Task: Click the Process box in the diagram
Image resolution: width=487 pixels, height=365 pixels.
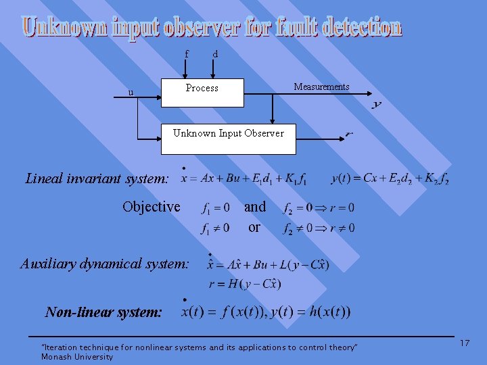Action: click(202, 92)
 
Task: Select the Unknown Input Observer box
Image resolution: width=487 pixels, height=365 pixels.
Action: click(228, 133)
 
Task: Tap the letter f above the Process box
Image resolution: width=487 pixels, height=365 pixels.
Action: click(187, 53)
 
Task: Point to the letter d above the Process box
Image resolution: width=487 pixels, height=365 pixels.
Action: click(215, 53)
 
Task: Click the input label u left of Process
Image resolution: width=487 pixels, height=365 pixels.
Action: click(131, 92)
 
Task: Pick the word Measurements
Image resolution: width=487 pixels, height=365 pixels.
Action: click(321, 87)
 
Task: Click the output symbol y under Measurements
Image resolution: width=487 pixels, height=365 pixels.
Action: click(377, 105)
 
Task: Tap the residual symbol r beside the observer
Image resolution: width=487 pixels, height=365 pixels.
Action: click(349, 134)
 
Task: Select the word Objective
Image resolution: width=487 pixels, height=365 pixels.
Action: click(152, 207)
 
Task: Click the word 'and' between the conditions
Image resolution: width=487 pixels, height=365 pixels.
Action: click(255, 207)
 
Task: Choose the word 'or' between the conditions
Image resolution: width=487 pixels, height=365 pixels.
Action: click(254, 227)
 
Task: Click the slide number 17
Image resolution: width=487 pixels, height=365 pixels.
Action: click(465, 343)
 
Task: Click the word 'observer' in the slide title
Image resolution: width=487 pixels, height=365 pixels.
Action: click(193, 28)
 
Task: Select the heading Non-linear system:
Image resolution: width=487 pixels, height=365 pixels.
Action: click(103, 312)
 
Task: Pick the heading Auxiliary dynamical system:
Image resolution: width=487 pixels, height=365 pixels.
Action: click(105, 264)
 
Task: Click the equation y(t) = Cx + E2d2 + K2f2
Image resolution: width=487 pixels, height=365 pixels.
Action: click(390, 179)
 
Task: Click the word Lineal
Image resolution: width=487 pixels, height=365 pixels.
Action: click(44, 179)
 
